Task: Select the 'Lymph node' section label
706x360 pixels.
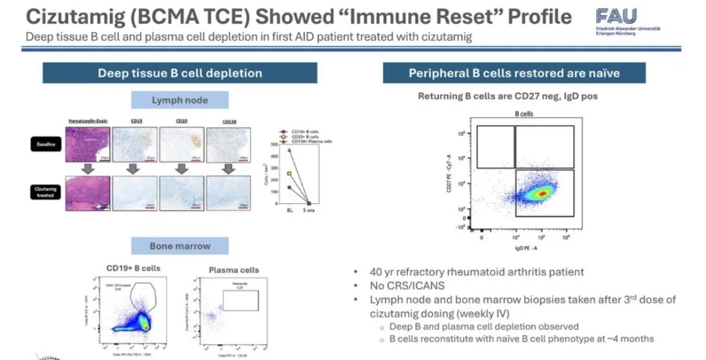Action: (x=180, y=101)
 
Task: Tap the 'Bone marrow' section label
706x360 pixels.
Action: (x=180, y=246)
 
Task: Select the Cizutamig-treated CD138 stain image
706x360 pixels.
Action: (x=228, y=194)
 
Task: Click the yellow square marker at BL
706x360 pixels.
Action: (x=290, y=174)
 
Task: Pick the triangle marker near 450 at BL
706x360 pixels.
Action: (x=290, y=150)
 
